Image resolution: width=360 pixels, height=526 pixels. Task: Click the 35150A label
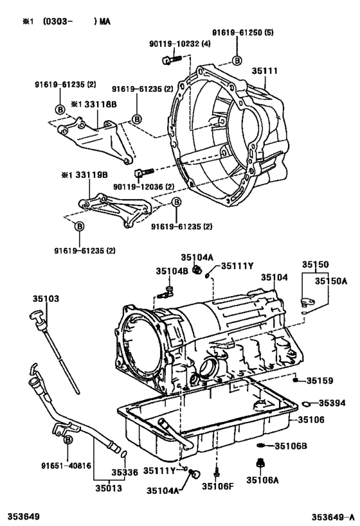331,281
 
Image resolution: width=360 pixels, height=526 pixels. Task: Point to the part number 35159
319,381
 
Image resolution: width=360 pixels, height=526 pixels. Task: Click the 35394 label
332,403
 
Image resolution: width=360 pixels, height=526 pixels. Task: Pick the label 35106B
291,446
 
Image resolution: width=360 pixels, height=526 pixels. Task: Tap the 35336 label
124,472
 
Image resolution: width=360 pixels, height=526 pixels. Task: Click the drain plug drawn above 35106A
260,463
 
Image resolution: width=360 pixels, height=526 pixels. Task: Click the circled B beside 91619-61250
237,60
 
